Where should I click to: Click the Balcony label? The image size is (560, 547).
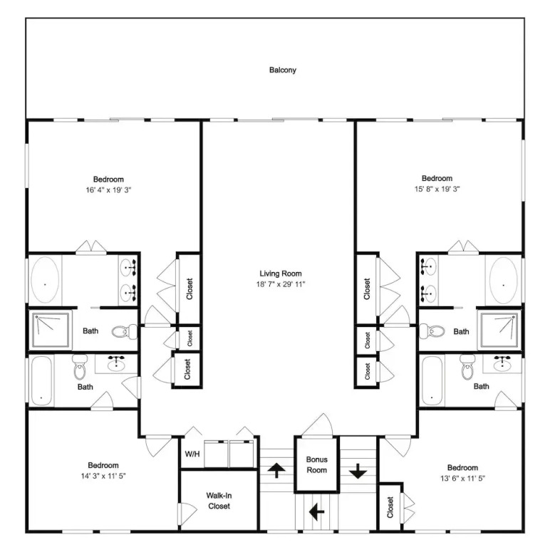tap(283, 70)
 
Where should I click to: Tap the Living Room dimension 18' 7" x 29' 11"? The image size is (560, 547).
tap(281, 284)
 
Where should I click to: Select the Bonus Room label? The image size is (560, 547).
tap(317, 464)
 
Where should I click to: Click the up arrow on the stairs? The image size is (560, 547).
tap(276, 470)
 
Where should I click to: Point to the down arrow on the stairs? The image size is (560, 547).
tap(358, 471)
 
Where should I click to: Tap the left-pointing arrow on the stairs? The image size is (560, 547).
tap(316, 511)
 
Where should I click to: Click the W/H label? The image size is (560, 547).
tap(192, 454)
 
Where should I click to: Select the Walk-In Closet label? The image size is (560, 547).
tap(219, 501)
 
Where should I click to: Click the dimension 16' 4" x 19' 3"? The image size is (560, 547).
tap(108, 190)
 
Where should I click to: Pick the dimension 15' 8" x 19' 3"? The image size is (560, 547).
tap(437, 189)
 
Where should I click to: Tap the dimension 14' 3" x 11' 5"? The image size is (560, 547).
tap(103, 476)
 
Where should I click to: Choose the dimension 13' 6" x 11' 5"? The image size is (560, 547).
tap(462, 478)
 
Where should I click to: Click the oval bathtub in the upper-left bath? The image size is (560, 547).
tap(45, 280)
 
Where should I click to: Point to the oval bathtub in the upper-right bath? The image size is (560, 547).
tap(503, 281)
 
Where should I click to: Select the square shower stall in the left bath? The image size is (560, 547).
tap(51, 330)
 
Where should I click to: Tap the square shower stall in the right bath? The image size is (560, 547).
tap(499, 330)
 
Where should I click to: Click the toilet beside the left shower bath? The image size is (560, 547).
tap(124, 332)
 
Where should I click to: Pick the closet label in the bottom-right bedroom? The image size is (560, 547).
tap(390, 507)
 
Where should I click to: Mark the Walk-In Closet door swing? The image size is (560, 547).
tap(188, 514)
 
